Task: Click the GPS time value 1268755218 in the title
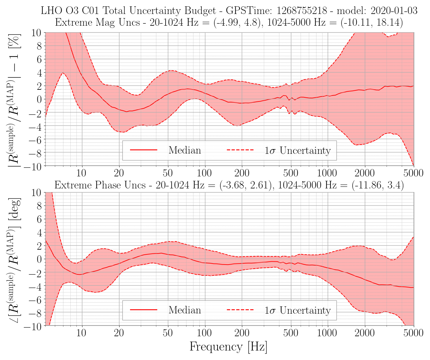pyautogui.click(x=302, y=10)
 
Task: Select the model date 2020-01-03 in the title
pyautogui.click(x=394, y=10)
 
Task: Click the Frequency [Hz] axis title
pyautogui.click(x=228, y=347)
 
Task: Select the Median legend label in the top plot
pyautogui.click(x=185, y=150)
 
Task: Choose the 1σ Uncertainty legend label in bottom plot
pyautogui.click(x=297, y=310)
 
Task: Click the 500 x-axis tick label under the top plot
pyautogui.click(x=290, y=173)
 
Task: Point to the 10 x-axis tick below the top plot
pyautogui.click(x=81, y=173)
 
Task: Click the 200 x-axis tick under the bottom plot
pyautogui.click(x=242, y=333)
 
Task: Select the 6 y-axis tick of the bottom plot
pyautogui.click(x=39, y=219)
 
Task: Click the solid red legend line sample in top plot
pyautogui.click(x=144, y=150)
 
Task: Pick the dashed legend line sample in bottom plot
pyautogui.click(x=240, y=310)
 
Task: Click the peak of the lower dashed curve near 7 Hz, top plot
pyautogui.click(x=62, y=73)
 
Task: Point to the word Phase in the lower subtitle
pyautogui.click(x=108, y=185)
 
